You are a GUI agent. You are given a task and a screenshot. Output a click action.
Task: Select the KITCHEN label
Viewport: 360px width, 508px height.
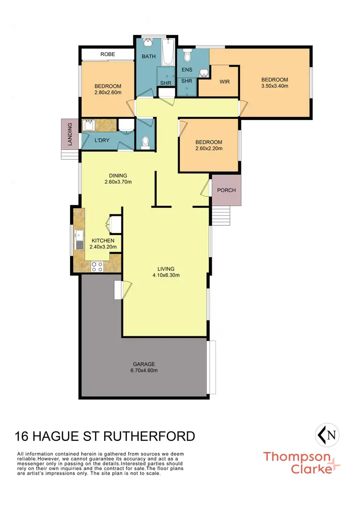(x=103, y=240)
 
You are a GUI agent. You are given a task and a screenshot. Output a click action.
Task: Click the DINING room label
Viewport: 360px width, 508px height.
(x=118, y=176)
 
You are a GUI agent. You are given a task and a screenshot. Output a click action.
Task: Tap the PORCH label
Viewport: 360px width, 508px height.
(x=227, y=190)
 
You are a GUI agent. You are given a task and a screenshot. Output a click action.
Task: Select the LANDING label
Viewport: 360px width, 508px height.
(x=70, y=134)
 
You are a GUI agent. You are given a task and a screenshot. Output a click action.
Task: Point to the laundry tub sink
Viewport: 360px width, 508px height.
(x=88, y=126)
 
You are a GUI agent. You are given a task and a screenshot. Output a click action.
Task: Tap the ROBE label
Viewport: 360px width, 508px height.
(x=107, y=54)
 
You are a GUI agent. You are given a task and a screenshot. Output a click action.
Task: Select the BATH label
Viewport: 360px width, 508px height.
(x=148, y=57)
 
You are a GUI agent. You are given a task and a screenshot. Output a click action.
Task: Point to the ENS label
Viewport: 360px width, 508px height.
(x=187, y=70)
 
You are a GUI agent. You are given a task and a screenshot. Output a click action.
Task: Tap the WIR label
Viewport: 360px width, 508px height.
(x=225, y=82)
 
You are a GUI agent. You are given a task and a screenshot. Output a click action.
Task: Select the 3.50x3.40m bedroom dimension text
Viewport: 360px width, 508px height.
(x=275, y=86)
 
